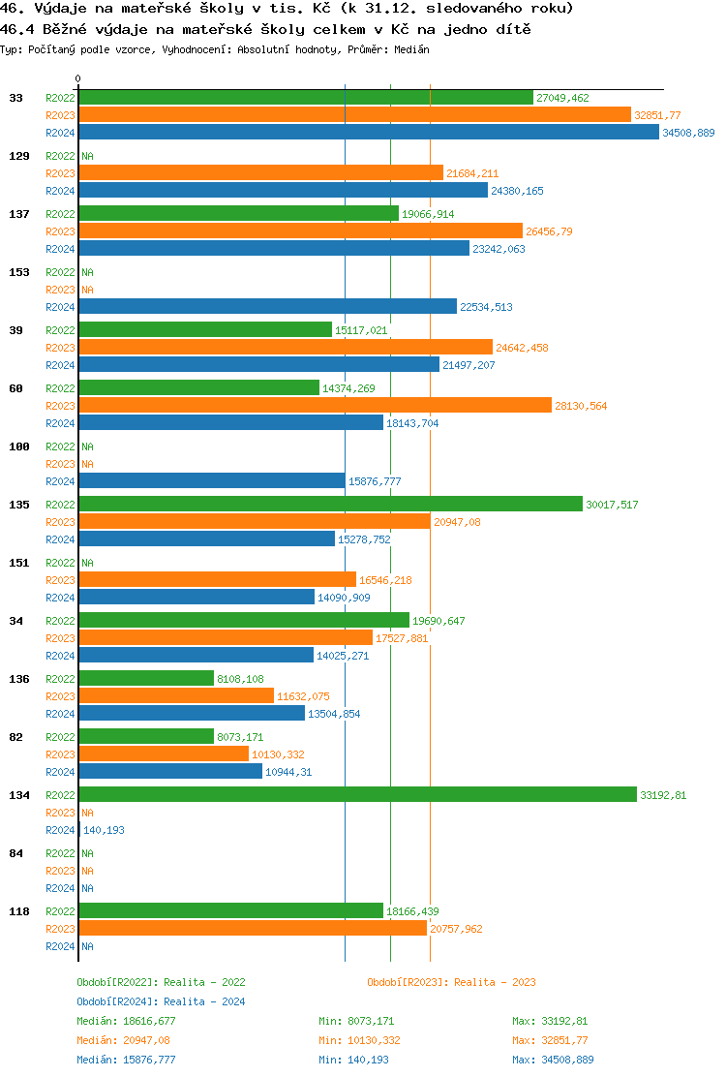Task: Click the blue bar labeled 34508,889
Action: [368, 133]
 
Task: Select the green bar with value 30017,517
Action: [330, 505]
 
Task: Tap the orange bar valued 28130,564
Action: [315, 406]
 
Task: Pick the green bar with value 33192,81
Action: [357, 795]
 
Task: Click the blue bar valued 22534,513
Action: [267, 307]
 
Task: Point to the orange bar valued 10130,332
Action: [164, 754]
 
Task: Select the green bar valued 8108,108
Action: [146, 679]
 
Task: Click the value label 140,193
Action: [104, 830]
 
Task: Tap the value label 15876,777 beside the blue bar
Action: [374, 481]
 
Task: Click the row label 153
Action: [18, 272]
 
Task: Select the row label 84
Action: [15, 853]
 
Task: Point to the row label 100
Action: [18, 446]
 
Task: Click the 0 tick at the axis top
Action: [78, 78]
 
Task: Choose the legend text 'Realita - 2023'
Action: [495, 982]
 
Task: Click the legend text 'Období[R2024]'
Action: [118, 1001]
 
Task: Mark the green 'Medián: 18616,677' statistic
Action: [126, 1021]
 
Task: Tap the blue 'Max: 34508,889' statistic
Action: [553, 1060]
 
